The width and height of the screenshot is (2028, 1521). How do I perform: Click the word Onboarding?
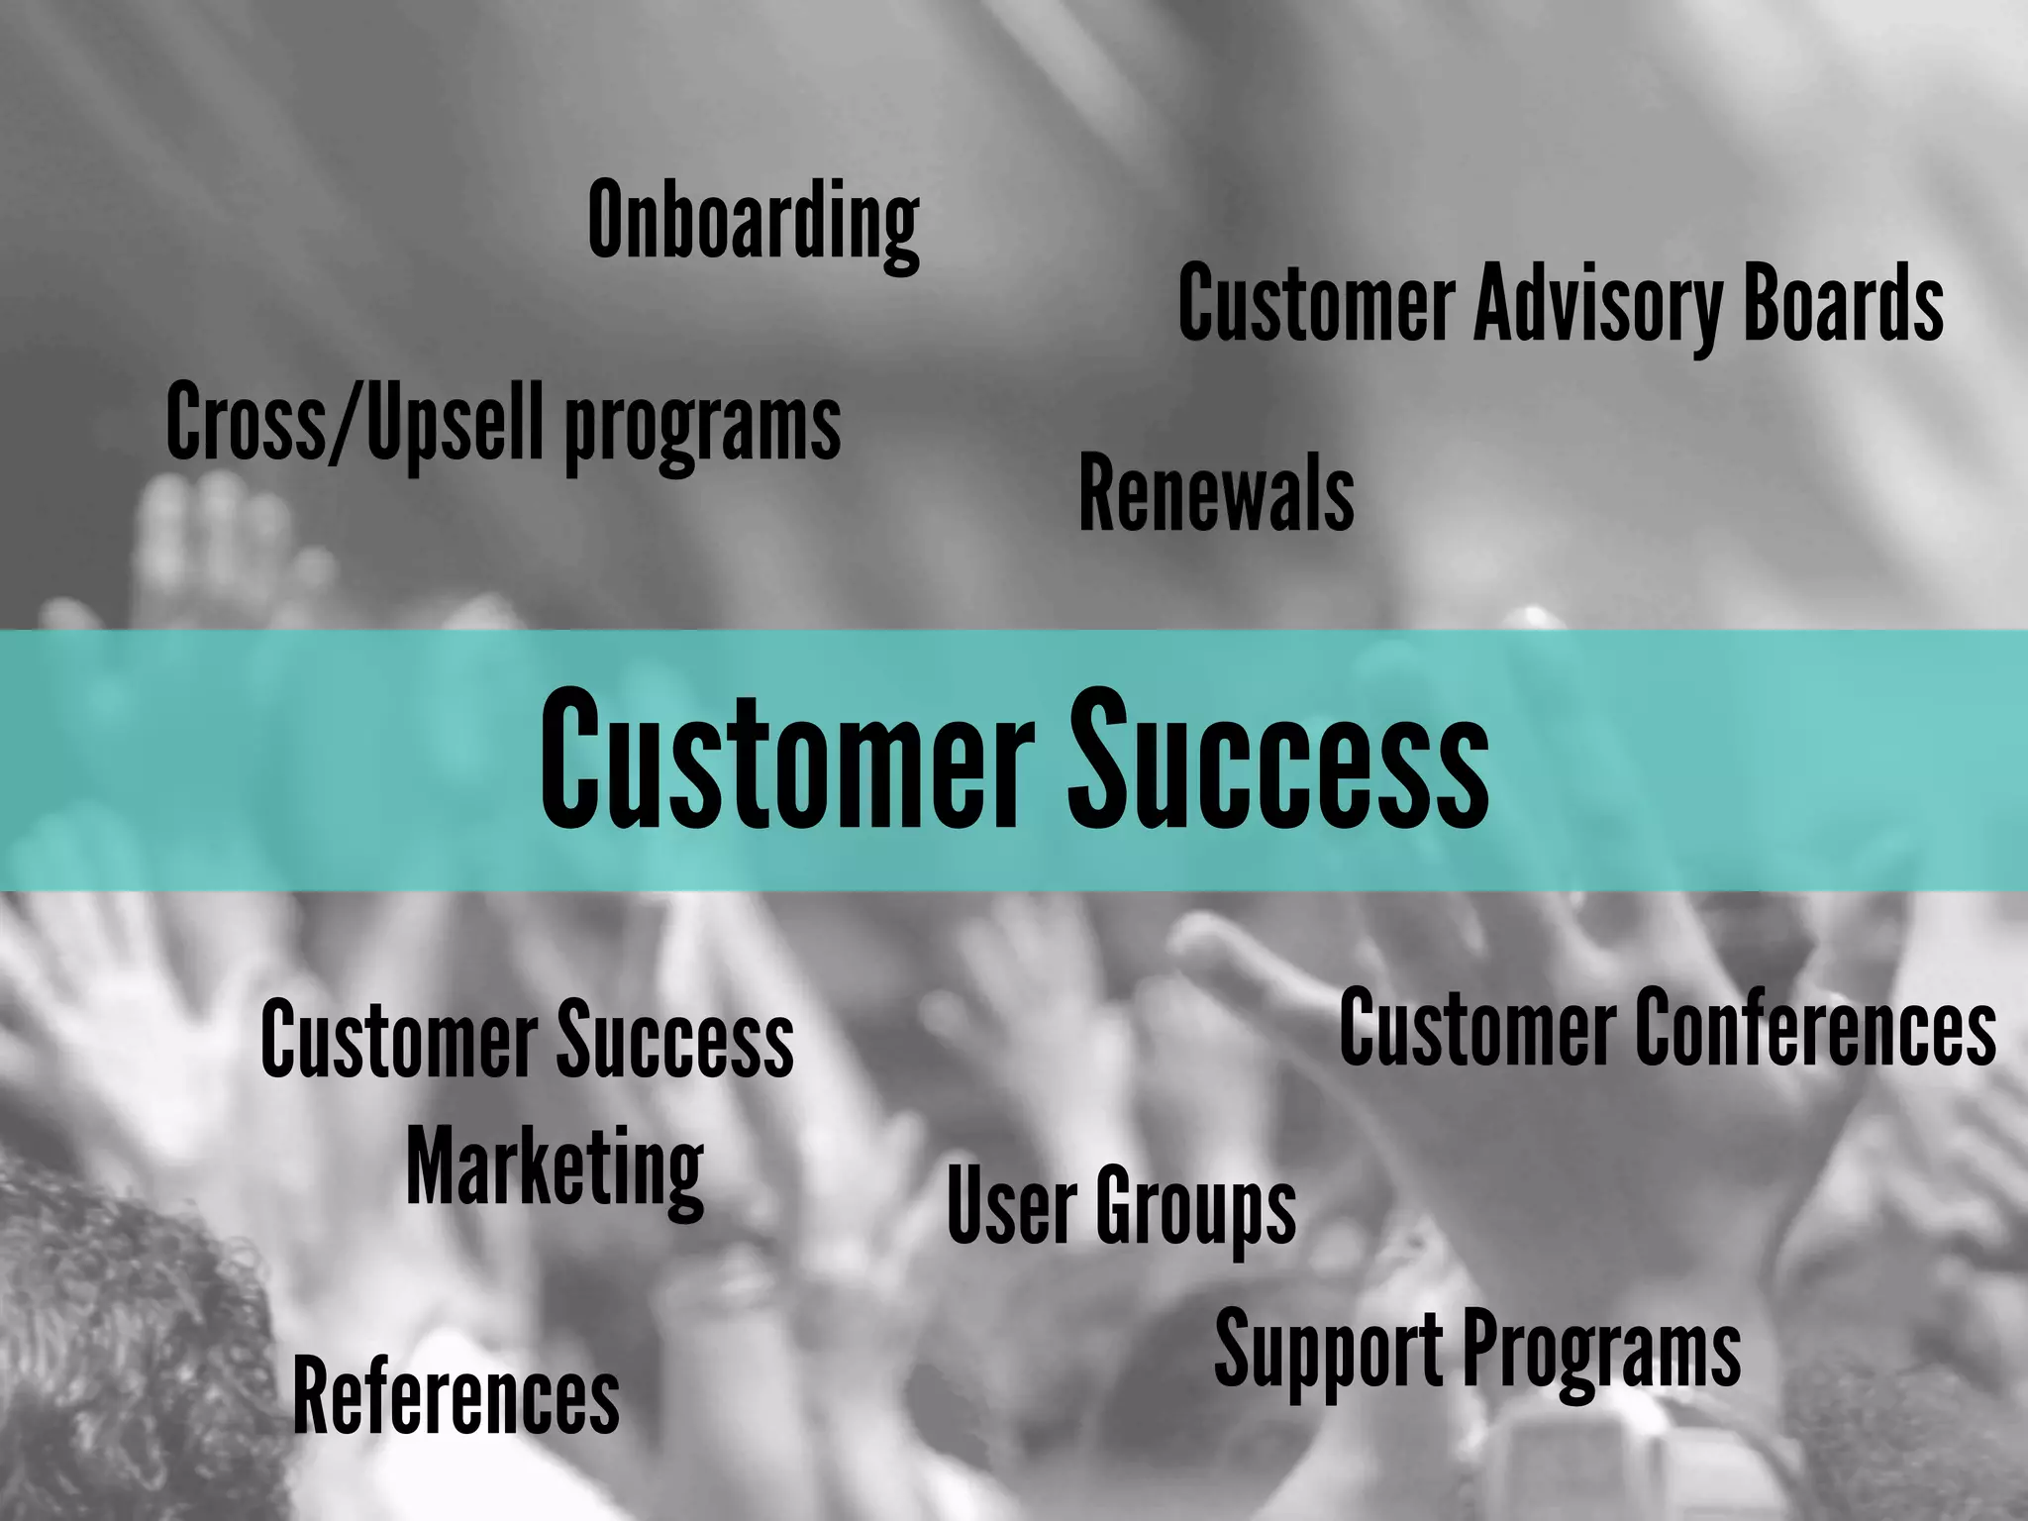(x=754, y=223)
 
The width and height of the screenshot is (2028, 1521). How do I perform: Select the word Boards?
(x=1843, y=303)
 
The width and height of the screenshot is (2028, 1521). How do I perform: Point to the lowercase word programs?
(x=702, y=427)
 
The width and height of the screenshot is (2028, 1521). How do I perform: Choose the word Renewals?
(x=1216, y=493)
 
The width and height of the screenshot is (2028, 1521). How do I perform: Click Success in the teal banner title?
(x=1277, y=760)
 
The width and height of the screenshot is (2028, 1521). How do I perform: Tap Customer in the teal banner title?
(x=787, y=760)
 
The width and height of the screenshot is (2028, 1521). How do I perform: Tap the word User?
(x=1011, y=1205)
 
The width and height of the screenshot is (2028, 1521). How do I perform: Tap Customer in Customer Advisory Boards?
(x=1316, y=303)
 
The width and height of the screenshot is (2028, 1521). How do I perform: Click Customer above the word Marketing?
(x=398, y=1040)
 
